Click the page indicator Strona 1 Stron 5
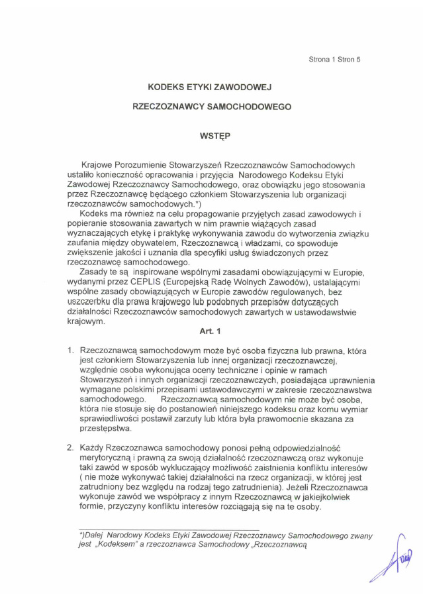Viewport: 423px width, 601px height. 334,60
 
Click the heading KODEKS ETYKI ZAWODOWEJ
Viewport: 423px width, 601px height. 209,86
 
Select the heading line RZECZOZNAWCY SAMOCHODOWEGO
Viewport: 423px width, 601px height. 211,106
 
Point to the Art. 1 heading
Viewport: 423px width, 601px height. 210,331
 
